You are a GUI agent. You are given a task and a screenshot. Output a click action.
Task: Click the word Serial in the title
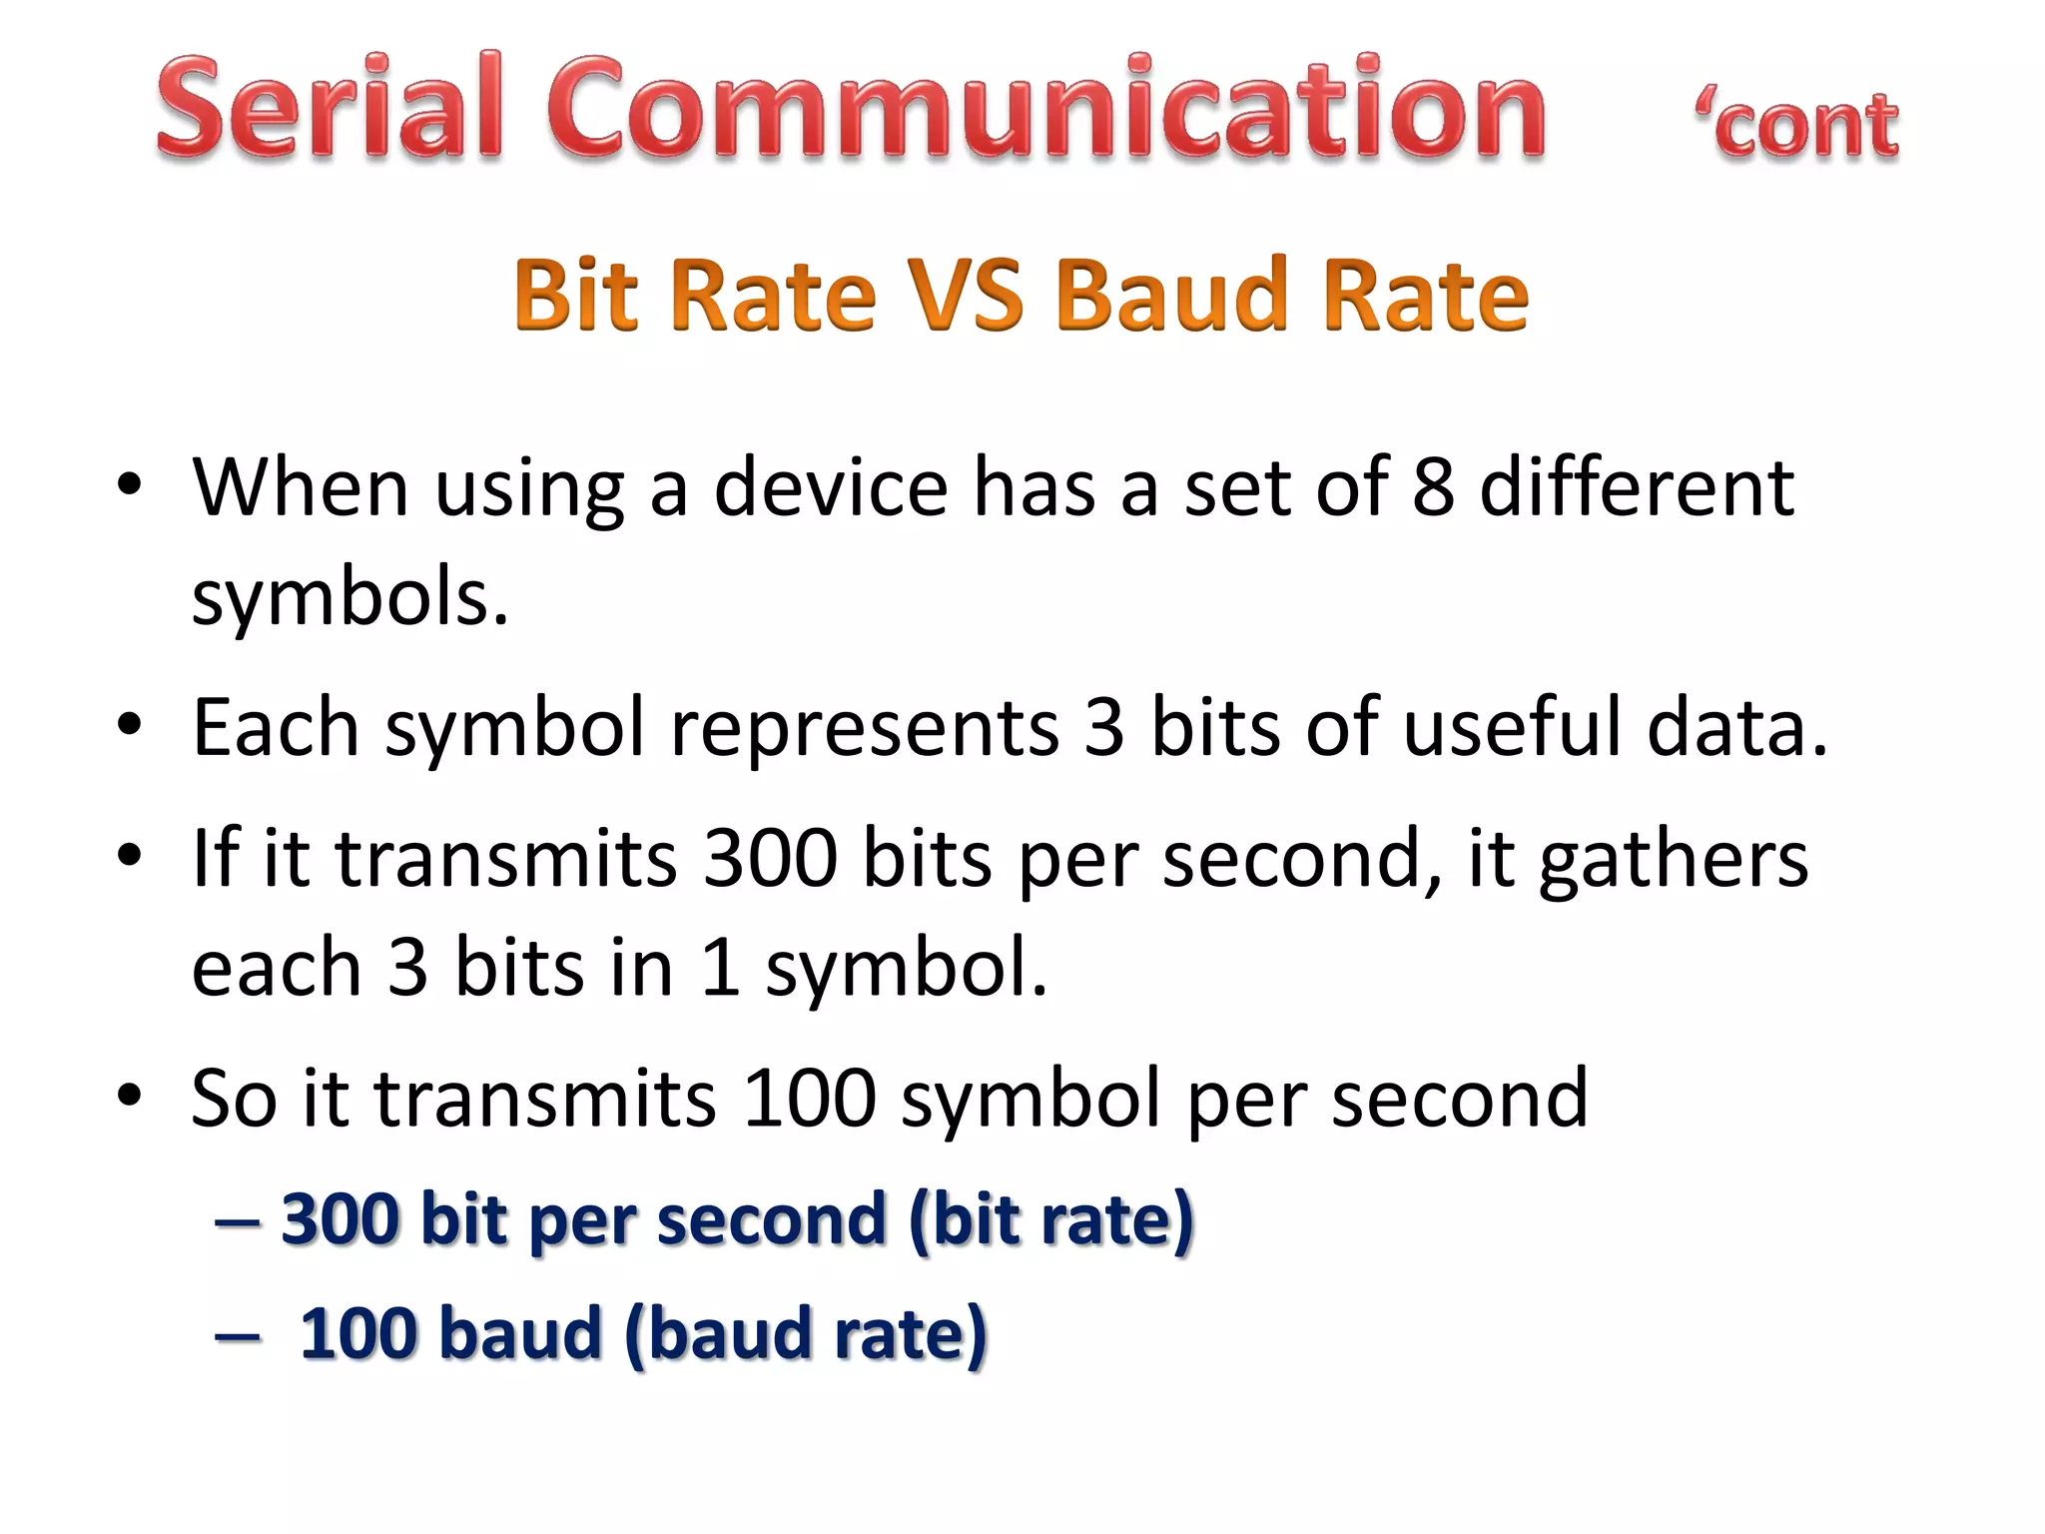click(x=330, y=108)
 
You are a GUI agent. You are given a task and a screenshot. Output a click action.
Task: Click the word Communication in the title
click(x=1046, y=108)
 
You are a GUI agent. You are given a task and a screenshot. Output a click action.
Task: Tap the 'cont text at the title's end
click(x=1797, y=124)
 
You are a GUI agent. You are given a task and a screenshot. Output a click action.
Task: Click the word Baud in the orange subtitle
click(x=1171, y=295)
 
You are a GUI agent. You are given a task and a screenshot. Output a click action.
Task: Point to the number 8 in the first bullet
click(x=1433, y=487)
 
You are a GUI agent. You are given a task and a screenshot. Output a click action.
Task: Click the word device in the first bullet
click(x=831, y=487)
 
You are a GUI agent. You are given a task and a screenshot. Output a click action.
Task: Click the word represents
click(x=864, y=727)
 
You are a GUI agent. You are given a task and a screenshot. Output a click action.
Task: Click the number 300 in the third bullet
click(x=770, y=859)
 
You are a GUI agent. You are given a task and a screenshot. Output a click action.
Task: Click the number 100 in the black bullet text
click(x=810, y=1099)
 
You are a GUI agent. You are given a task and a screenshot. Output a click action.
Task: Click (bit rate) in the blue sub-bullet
click(x=1050, y=1220)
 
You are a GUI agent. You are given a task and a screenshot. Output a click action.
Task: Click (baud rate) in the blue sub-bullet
click(x=805, y=1334)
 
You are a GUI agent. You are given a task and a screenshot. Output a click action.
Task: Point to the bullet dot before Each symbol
click(x=129, y=726)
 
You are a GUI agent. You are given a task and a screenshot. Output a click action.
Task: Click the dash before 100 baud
click(x=238, y=1336)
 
